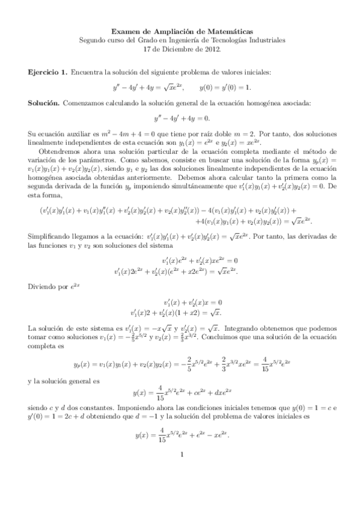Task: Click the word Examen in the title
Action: point(126,30)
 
